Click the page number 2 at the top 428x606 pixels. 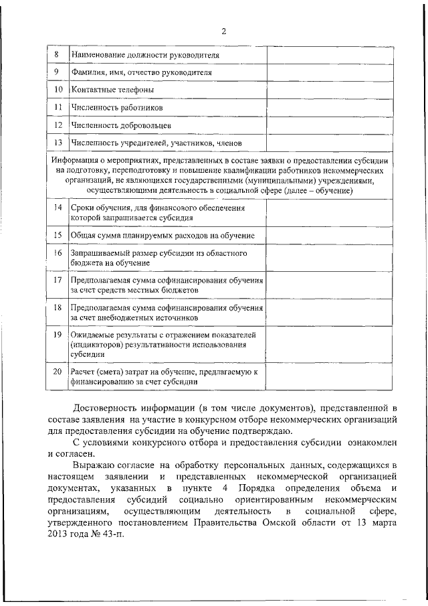(224, 31)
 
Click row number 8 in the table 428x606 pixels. (58, 54)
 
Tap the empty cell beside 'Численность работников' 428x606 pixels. (330, 107)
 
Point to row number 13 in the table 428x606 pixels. (58, 143)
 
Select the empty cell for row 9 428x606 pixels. (330, 72)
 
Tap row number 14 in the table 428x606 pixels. (58, 208)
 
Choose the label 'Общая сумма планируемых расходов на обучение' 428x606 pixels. (163, 236)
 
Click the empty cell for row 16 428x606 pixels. (330, 258)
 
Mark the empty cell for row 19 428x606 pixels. (330, 344)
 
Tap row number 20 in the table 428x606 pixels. (58, 371)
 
